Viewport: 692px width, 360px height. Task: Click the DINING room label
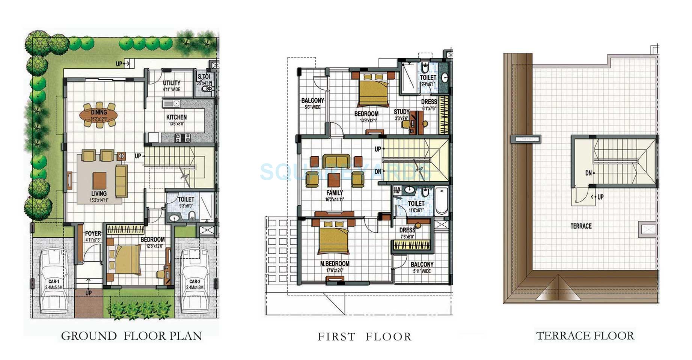(99, 112)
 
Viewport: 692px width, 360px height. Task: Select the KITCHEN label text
(176, 117)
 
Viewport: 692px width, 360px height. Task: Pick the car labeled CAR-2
(194, 280)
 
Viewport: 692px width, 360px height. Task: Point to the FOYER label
(93, 233)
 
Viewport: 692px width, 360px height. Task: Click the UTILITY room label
(172, 83)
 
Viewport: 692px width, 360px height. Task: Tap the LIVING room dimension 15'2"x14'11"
(99, 200)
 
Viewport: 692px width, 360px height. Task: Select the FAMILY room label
(335, 193)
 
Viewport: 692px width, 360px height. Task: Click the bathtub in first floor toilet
(441, 200)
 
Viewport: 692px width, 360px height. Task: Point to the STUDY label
(401, 112)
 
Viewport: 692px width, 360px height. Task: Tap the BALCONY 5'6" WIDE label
(312, 101)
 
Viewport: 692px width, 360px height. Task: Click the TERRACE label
(581, 226)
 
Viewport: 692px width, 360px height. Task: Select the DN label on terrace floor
(588, 173)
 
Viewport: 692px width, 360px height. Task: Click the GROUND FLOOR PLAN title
(131, 336)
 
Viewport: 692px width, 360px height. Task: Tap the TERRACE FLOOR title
(585, 336)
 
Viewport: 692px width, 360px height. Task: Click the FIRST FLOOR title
(365, 337)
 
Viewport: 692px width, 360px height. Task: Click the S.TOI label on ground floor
(204, 77)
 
